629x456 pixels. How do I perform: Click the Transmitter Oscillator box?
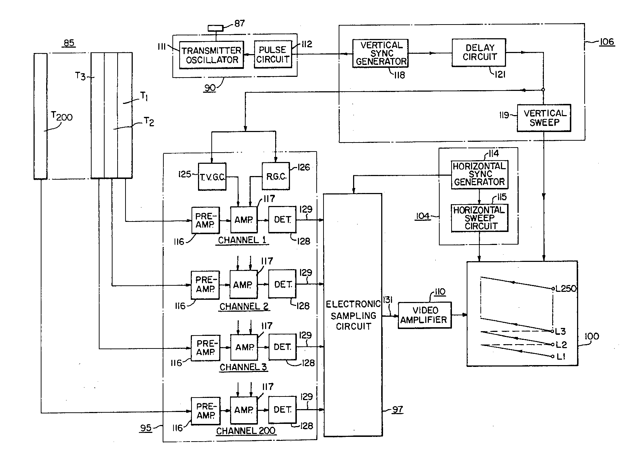tap(211, 55)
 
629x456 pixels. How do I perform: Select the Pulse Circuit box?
tap(273, 54)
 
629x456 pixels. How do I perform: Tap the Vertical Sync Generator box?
tap(381, 53)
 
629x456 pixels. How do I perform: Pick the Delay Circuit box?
tap(479, 53)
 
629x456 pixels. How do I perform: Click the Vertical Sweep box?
tap(544, 118)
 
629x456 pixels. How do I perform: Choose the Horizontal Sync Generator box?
tap(479, 175)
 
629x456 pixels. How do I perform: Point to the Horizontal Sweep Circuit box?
tap(480, 218)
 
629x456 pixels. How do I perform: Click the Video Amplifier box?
tap(425, 315)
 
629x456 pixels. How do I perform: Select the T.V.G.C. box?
tap(212, 176)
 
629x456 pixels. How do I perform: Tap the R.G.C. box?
tap(276, 176)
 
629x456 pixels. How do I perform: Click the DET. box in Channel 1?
tap(282, 220)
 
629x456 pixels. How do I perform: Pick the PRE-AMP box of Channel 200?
tap(205, 410)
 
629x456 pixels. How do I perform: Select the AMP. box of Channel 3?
tap(244, 347)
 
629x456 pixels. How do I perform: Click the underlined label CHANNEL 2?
tap(244, 307)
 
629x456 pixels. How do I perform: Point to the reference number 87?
tap(240, 23)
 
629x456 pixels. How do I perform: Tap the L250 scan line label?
tap(566, 289)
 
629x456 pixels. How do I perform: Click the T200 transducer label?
tap(62, 117)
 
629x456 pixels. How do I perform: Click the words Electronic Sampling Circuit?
tap(353, 316)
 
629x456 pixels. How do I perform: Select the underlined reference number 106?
tap(607, 42)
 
